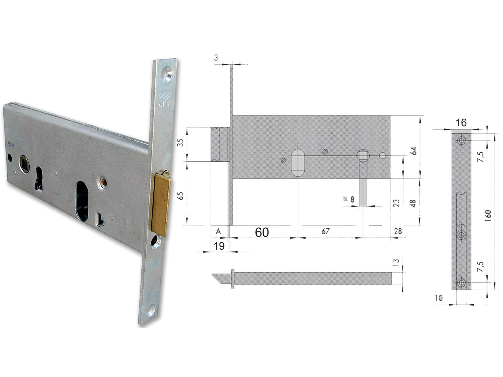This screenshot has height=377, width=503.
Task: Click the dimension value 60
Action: (262, 232)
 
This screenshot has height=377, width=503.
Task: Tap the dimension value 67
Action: (325, 231)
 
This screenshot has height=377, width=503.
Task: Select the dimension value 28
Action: (398, 231)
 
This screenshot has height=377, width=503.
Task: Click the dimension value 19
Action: (219, 246)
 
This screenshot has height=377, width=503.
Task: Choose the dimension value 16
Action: (461, 123)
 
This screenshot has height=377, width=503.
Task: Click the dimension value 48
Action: (413, 203)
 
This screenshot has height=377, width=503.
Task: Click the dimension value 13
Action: (397, 262)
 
